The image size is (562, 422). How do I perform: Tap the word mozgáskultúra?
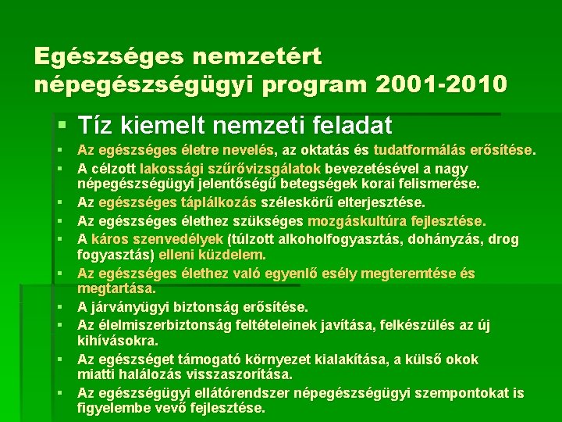351,221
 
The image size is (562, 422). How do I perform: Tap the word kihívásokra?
118,342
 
